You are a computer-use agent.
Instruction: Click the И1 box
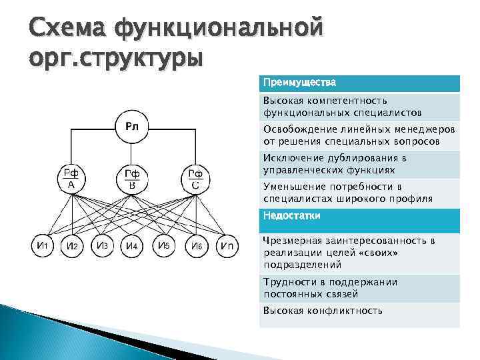42,245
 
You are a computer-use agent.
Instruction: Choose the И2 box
73,245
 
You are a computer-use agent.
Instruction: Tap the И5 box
163,245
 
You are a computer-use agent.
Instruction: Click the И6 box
196,245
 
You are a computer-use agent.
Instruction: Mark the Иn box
227,245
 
